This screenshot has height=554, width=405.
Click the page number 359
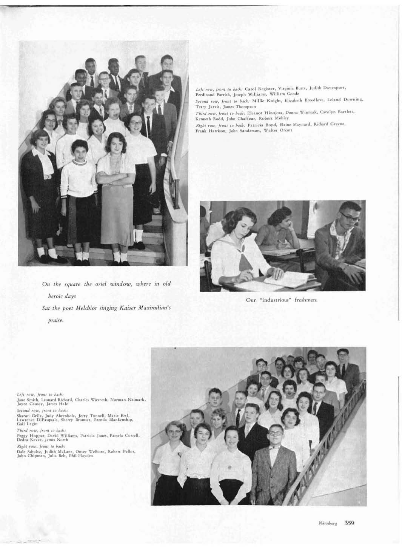point(349,523)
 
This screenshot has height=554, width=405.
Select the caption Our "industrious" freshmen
point(283,300)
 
